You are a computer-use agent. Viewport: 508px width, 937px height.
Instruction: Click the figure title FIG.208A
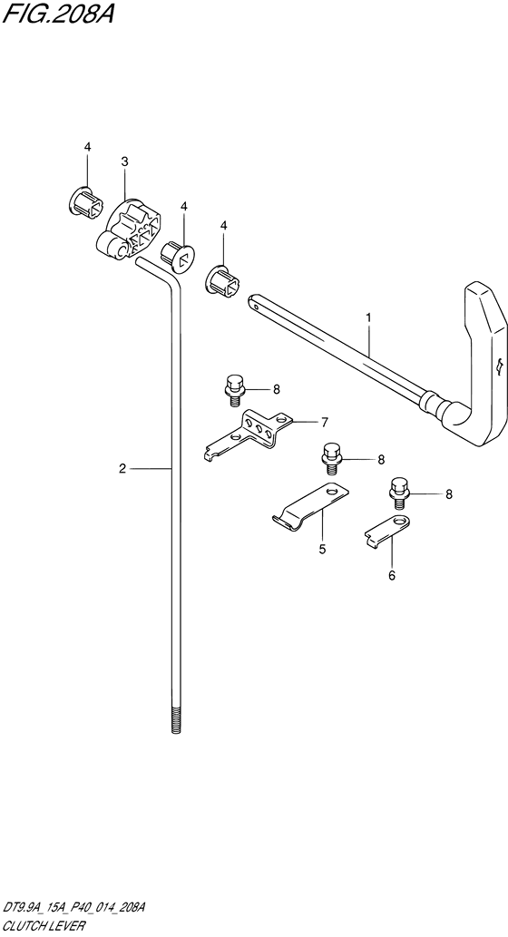[57, 13]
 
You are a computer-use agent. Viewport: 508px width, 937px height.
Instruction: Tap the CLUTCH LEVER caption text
[44, 925]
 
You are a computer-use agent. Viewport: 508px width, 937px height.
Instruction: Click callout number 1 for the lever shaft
[368, 318]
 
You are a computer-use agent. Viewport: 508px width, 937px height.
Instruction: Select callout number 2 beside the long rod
[122, 468]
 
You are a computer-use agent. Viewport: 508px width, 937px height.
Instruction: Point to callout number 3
[124, 161]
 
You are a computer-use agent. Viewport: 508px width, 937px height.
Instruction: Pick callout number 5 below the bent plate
[322, 549]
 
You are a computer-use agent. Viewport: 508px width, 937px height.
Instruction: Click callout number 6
[392, 575]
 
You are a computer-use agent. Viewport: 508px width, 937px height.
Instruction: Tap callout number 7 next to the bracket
[324, 423]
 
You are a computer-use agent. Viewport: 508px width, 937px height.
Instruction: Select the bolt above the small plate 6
[398, 492]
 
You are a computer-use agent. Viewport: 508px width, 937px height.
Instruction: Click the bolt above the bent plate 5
[330, 456]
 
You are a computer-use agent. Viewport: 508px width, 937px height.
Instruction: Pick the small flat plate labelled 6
[387, 529]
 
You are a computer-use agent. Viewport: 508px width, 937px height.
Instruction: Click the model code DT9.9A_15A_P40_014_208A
[74, 909]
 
